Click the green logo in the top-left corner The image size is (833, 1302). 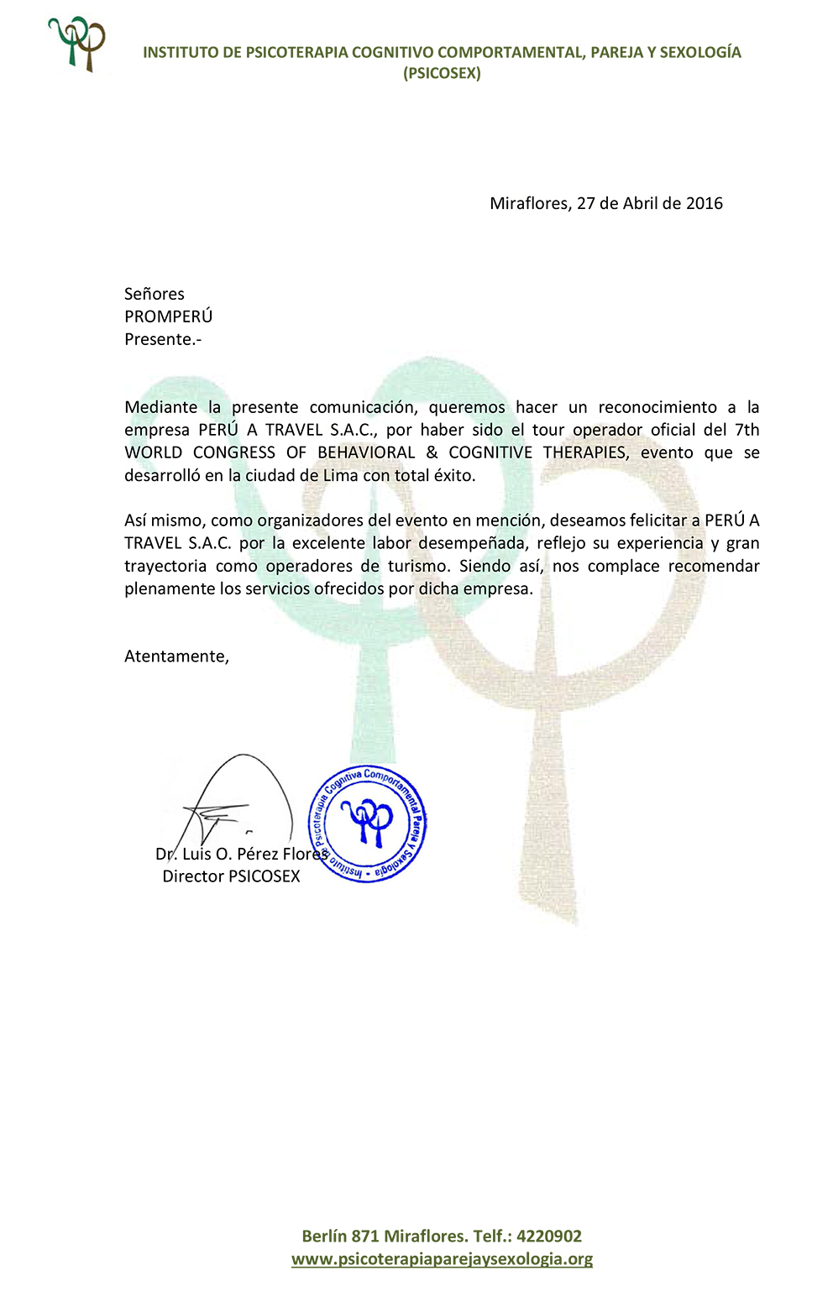[x=77, y=44]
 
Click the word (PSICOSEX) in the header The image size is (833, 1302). [x=442, y=73]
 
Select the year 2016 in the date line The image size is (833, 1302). [x=704, y=203]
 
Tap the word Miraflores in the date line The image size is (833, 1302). [x=530, y=203]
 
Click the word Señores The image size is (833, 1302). [x=154, y=294]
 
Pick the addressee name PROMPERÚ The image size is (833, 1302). [x=168, y=316]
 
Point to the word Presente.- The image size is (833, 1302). [x=163, y=339]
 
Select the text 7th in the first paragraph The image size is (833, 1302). [x=747, y=430]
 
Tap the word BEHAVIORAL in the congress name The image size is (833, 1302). [x=366, y=452]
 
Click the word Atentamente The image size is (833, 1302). [x=176, y=656]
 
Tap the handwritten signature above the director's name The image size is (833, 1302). [x=235, y=797]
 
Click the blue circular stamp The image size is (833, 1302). [x=367, y=824]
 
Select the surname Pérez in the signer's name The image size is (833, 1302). [x=261, y=854]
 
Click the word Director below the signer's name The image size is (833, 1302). [x=192, y=876]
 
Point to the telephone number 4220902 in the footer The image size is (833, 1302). [x=549, y=1236]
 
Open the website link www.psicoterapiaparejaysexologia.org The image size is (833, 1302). [x=442, y=1258]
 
